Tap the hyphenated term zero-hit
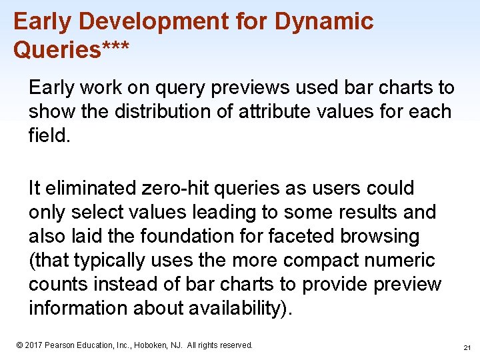[x=177, y=189]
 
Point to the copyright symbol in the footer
[x=19, y=345]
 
